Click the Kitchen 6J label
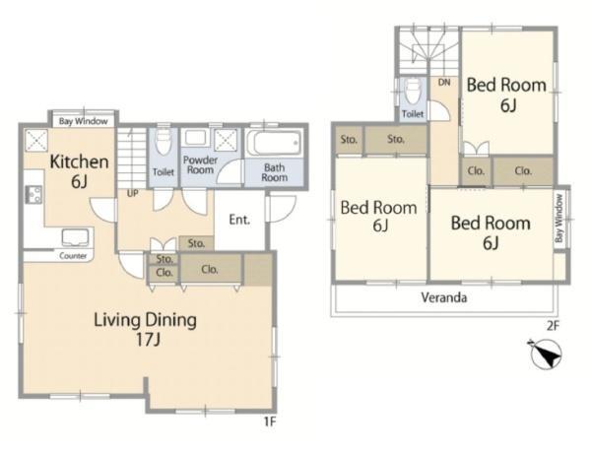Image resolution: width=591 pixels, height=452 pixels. pyautogui.click(x=79, y=171)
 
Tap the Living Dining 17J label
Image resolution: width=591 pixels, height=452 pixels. pyautogui.click(x=146, y=329)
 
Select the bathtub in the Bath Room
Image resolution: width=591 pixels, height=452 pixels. pyautogui.click(x=274, y=143)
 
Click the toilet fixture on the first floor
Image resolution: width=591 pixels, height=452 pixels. pyautogui.click(x=164, y=142)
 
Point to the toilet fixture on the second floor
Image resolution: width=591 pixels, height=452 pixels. pyautogui.click(x=412, y=92)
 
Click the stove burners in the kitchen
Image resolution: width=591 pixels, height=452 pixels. pyautogui.click(x=33, y=195)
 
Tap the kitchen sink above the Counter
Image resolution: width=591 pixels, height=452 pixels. pyautogui.click(x=76, y=238)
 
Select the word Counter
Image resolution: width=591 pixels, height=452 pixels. pyautogui.click(x=73, y=256)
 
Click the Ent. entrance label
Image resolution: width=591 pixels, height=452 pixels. pyautogui.click(x=239, y=220)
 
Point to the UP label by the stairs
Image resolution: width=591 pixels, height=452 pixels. pyautogui.click(x=132, y=194)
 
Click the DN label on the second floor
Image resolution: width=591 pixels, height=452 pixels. pyautogui.click(x=444, y=82)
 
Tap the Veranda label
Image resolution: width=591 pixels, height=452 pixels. pyautogui.click(x=444, y=297)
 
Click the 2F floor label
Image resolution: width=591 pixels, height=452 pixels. pyautogui.click(x=553, y=325)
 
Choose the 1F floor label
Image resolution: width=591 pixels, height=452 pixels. pyautogui.click(x=269, y=421)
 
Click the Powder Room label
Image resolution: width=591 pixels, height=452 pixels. pyautogui.click(x=200, y=165)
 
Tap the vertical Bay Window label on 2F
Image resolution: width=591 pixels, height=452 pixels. pyautogui.click(x=558, y=218)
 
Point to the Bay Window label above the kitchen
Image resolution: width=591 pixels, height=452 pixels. pyautogui.click(x=84, y=121)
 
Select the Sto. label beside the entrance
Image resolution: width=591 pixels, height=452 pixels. pyautogui.click(x=196, y=243)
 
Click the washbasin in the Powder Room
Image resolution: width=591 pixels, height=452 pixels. pyautogui.click(x=195, y=138)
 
